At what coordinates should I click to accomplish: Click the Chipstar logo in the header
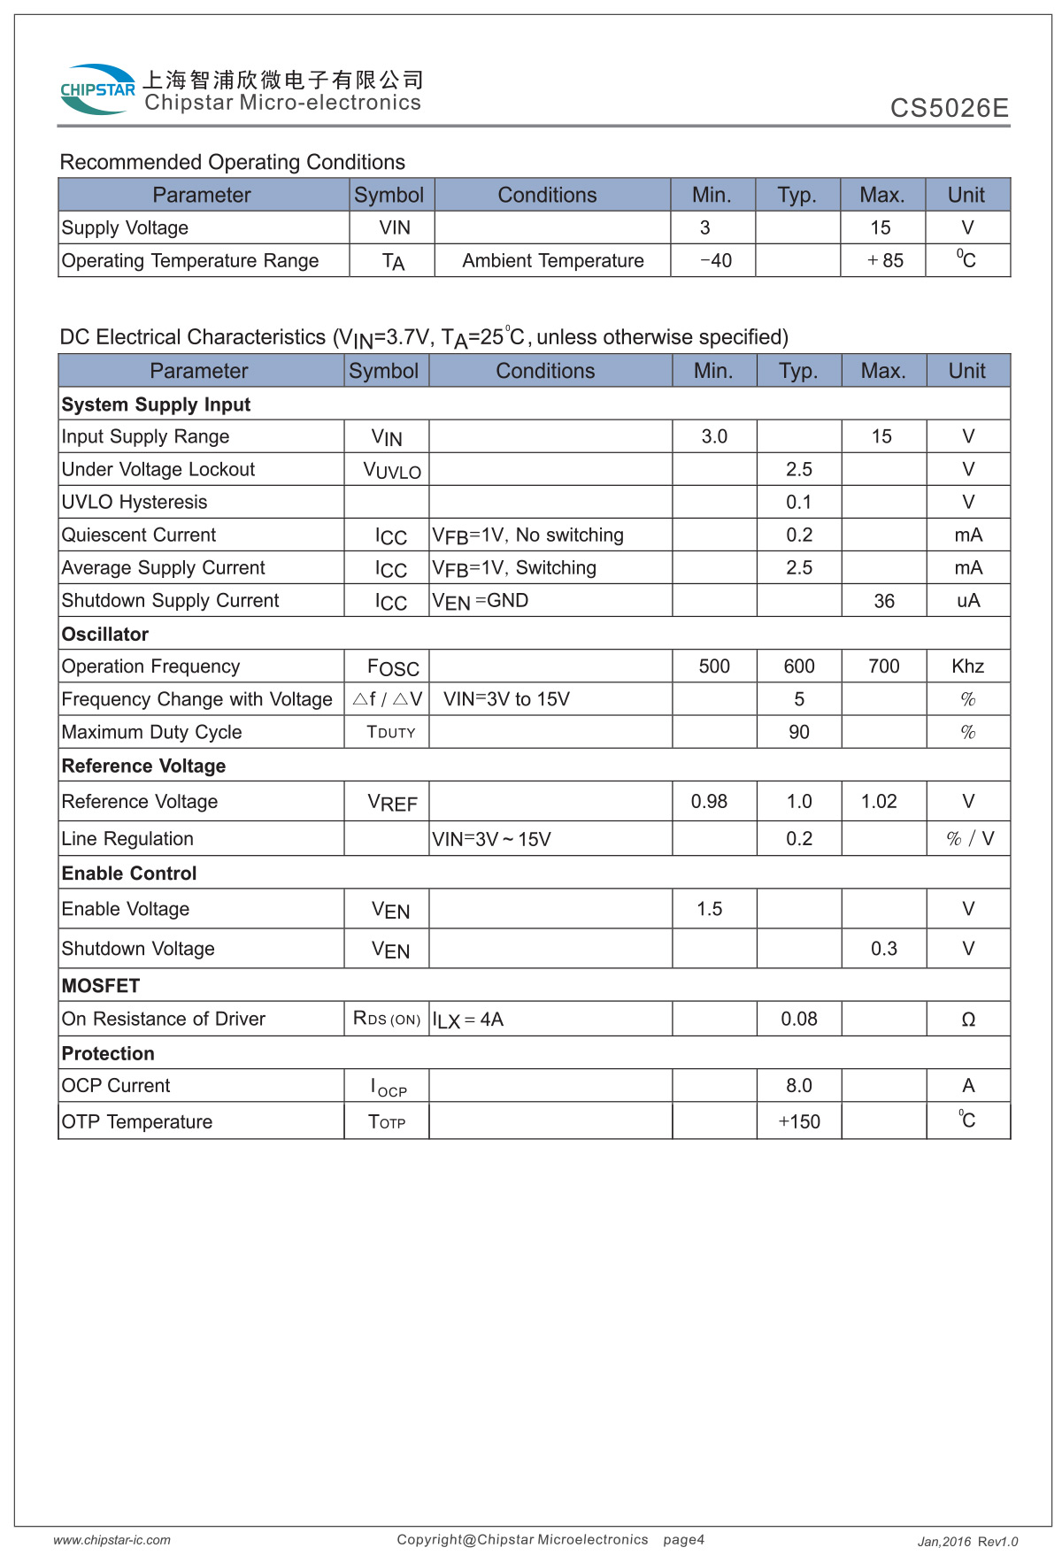[x=97, y=89]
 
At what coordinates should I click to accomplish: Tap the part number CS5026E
[x=949, y=108]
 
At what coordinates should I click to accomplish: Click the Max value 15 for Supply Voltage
[x=881, y=227]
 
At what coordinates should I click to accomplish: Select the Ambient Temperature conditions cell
[x=552, y=260]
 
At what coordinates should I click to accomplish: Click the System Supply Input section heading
[x=156, y=404]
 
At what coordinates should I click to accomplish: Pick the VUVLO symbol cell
[x=391, y=470]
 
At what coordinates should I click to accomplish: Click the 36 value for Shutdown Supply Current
[x=883, y=601]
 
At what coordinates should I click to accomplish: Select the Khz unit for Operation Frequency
[x=967, y=666]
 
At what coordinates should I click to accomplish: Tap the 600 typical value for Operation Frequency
[x=799, y=666]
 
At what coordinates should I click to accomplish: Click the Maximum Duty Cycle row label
[x=151, y=732]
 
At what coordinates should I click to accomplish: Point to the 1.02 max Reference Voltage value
[x=879, y=801]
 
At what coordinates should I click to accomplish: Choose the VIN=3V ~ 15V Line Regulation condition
[x=491, y=839]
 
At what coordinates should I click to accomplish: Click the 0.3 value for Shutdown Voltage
[x=883, y=949]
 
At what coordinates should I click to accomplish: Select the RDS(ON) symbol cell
[x=387, y=1019]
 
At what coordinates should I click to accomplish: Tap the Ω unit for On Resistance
[x=968, y=1020]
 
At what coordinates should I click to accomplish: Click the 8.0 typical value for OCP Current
[x=799, y=1085]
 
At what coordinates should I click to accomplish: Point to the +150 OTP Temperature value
[x=799, y=1121]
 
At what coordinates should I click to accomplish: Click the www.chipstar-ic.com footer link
[x=112, y=1540]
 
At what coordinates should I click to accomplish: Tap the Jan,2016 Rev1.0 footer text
[x=967, y=1542]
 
